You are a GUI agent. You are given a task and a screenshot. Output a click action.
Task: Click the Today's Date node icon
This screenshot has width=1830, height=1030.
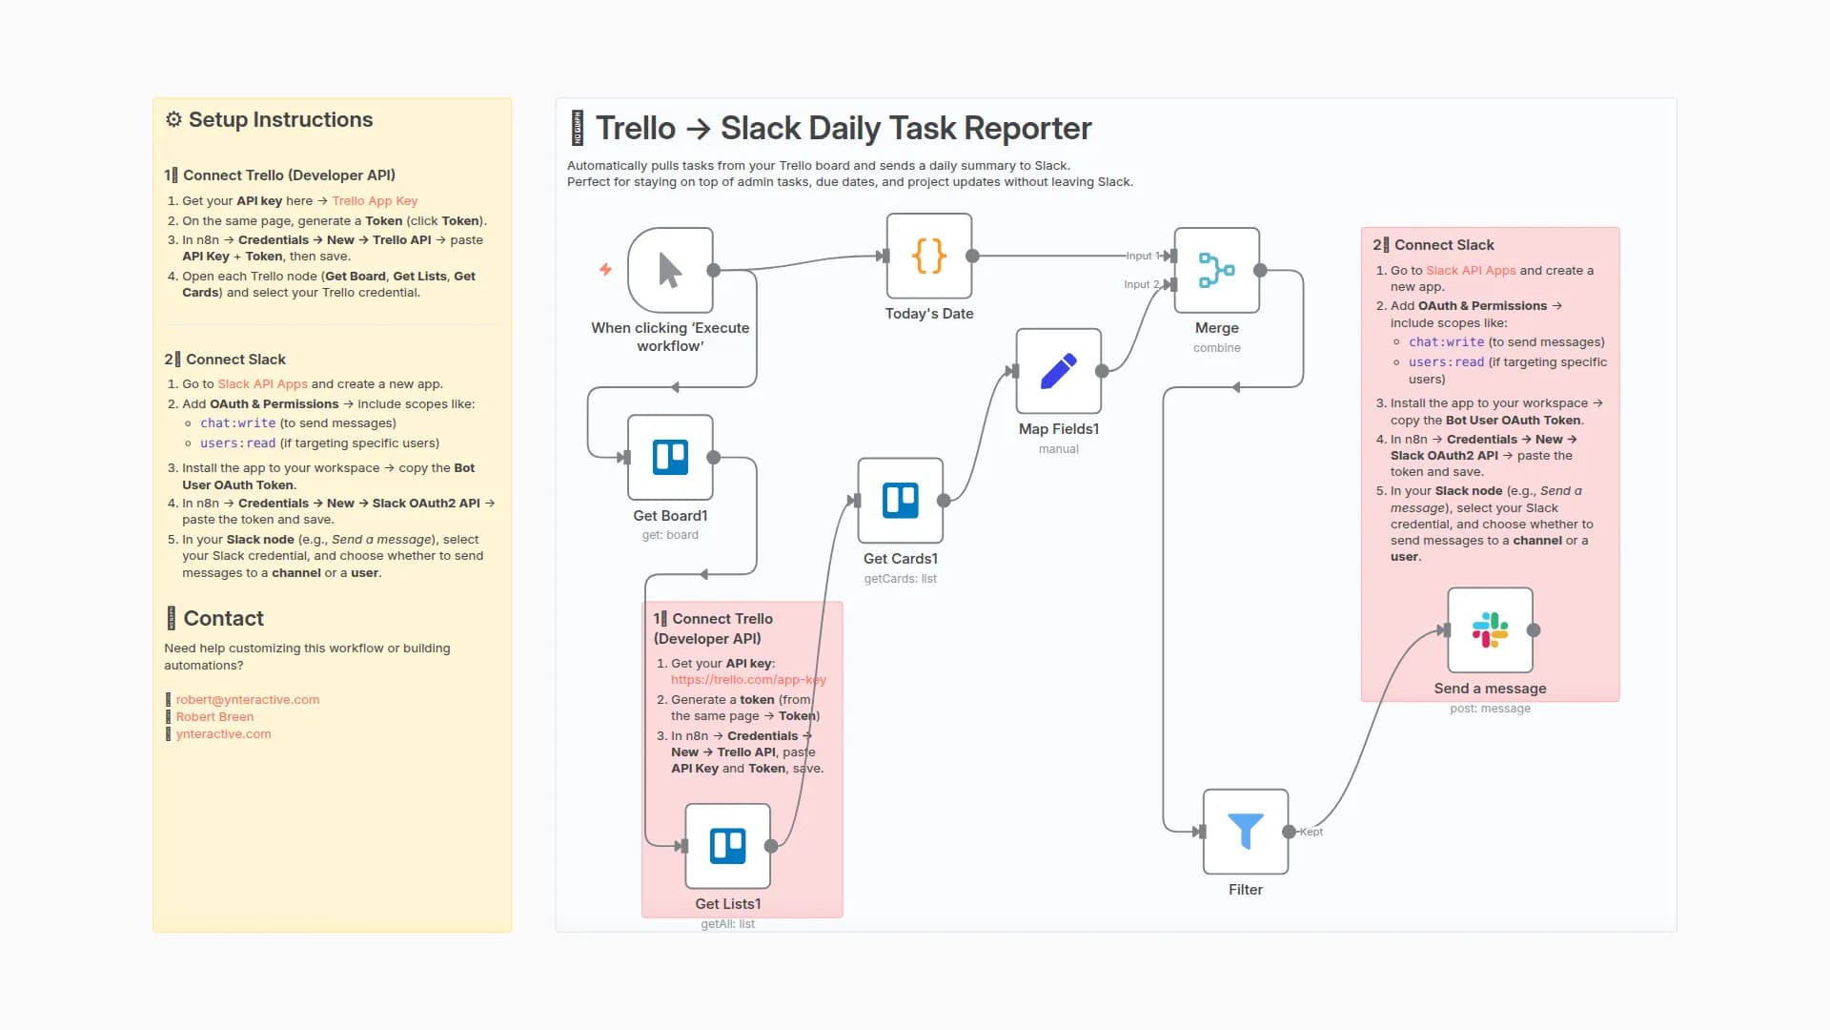pyautogui.click(x=929, y=256)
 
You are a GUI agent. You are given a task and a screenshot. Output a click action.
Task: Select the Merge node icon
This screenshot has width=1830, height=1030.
pyautogui.click(x=1216, y=270)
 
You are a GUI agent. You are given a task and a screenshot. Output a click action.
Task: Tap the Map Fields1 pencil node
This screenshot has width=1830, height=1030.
pyautogui.click(x=1058, y=371)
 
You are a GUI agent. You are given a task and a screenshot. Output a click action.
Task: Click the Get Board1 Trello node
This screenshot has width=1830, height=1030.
pyautogui.click(x=670, y=457)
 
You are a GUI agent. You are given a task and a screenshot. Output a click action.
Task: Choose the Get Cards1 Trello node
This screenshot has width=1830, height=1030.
pyautogui.click(x=900, y=500)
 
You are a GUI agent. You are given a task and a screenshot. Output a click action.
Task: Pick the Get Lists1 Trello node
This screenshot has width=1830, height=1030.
pyautogui.click(x=727, y=846)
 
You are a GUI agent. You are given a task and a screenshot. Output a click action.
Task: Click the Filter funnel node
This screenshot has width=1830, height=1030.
pyautogui.click(x=1245, y=831)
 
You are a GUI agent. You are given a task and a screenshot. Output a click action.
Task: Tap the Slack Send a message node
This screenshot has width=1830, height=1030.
pyautogui.click(x=1490, y=630)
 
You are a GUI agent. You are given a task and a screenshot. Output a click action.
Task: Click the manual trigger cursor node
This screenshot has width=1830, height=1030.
pyautogui.click(x=670, y=270)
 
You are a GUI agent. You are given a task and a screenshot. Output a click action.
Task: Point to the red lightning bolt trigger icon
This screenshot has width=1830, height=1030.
pyautogui.click(x=605, y=269)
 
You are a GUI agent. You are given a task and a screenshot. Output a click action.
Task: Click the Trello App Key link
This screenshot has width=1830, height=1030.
pyautogui.click(x=375, y=201)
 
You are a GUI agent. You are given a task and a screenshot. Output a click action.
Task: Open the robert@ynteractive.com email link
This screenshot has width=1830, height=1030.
pyautogui.click(x=247, y=700)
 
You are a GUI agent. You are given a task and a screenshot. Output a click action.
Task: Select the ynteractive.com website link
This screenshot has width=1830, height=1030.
pyautogui.click(x=223, y=734)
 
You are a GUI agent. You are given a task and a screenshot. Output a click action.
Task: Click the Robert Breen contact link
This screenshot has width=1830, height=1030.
pyautogui.click(x=214, y=717)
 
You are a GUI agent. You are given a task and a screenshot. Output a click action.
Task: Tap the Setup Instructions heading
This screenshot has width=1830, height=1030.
pyautogui.click(x=280, y=120)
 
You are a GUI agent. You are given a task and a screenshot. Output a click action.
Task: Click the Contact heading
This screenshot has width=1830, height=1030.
pyautogui.click(x=223, y=619)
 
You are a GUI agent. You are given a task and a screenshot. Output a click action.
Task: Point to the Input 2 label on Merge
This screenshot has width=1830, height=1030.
pyautogui.click(x=1141, y=284)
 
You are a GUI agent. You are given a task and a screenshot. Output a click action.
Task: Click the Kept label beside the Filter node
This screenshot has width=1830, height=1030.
pyautogui.click(x=1311, y=832)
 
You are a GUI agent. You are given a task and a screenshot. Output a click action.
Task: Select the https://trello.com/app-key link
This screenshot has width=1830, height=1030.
pyautogui.click(x=748, y=680)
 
